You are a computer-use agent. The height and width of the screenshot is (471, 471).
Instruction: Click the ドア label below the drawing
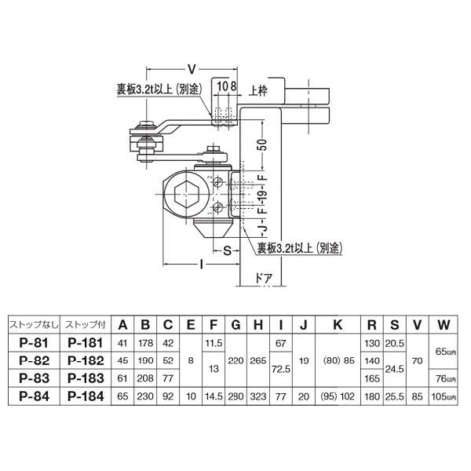coord(265,279)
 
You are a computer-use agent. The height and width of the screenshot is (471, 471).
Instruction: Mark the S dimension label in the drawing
coord(226,250)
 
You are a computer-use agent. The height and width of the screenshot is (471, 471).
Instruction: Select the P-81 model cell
coord(31,342)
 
